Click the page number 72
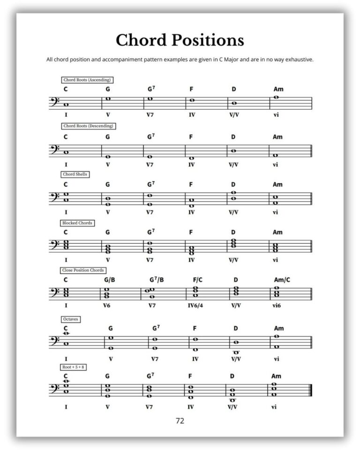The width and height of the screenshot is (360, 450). (180, 421)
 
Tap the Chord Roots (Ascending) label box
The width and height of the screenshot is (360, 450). (87, 80)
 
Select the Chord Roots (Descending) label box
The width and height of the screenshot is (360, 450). (88, 126)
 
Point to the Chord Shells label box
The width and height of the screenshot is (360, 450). (75, 174)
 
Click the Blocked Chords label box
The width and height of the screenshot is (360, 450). (77, 223)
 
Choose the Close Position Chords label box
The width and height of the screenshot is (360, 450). (83, 270)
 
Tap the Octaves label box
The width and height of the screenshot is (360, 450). (71, 319)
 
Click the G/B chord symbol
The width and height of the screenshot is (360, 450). (109, 280)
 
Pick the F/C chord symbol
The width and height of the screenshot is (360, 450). (197, 280)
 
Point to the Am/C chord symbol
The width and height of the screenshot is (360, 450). (282, 280)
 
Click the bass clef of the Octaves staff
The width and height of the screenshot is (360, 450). (54, 341)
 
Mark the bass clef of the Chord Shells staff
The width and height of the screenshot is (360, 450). (54, 196)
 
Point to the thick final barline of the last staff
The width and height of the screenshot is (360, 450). (310, 390)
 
